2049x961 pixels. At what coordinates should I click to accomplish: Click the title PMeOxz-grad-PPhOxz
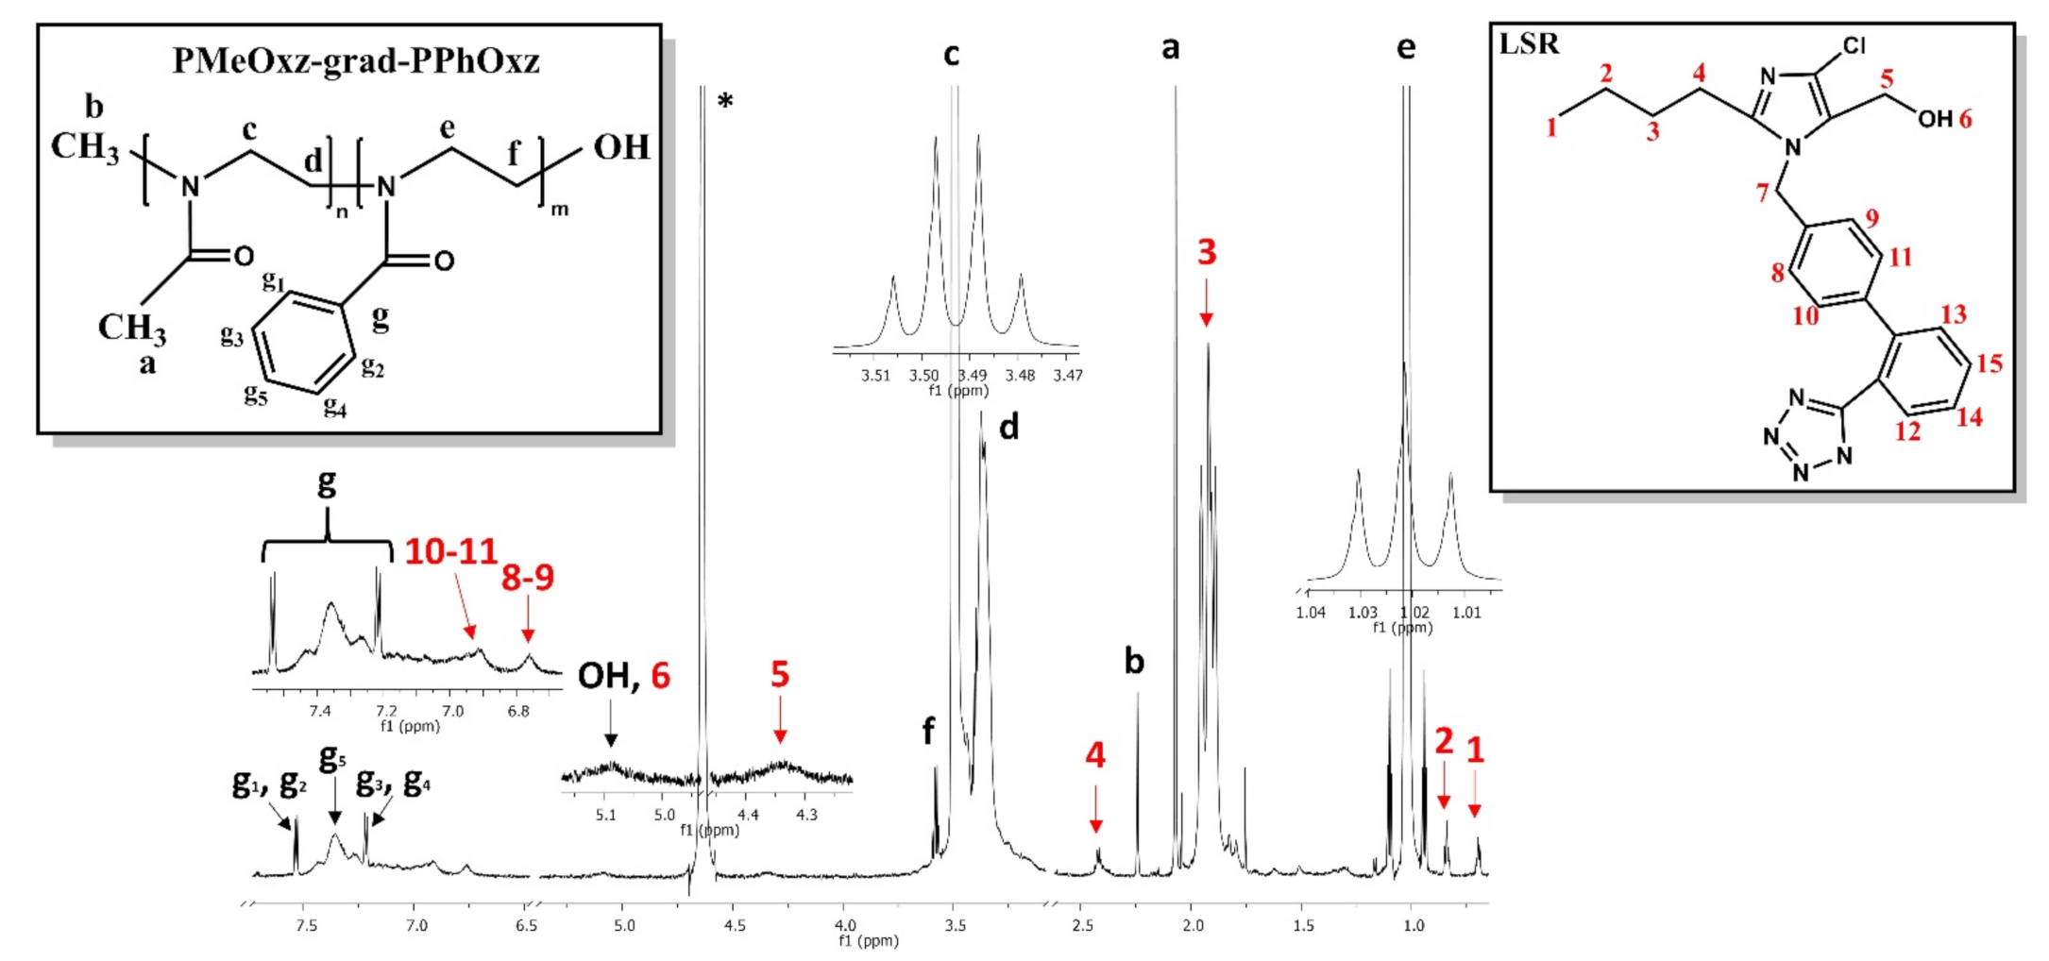click(356, 61)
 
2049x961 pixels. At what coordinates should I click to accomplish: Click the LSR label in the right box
click(1529, 44)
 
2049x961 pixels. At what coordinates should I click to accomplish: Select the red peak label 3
click(1207, 253)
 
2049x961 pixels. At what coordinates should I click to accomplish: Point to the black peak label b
click(1134, 662)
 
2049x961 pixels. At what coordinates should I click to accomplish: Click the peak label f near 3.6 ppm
click(928, 730)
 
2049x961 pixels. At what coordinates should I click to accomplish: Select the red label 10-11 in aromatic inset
click(450, 552)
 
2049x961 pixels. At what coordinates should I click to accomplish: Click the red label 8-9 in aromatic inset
click(527, 578)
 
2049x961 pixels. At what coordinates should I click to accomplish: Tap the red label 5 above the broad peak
click(779, 674)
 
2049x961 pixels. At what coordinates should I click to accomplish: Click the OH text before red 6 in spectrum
click(604, 676)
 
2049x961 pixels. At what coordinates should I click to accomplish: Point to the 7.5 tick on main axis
click(306, 925)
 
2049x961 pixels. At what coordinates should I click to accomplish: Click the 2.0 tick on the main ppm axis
click(1193, 925)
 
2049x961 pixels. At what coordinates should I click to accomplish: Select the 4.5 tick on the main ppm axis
click(735, 925)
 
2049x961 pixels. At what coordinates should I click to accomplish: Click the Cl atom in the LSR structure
click(1854, 46)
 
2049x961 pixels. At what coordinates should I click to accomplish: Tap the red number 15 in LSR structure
click(1990, 363)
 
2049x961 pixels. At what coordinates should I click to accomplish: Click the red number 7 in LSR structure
click(1762, 194)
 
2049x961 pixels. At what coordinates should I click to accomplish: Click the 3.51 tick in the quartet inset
click(875, 376)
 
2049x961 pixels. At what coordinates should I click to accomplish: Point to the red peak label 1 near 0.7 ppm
click(1475, 751)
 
